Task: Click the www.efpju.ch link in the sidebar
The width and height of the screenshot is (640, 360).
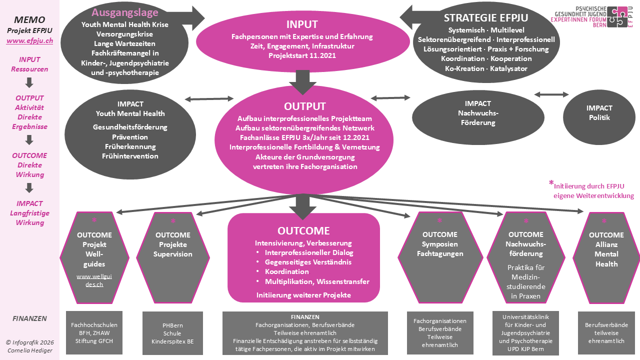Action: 29,41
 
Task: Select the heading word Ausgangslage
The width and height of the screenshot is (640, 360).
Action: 125,12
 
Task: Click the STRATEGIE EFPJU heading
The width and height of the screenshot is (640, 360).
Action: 486,18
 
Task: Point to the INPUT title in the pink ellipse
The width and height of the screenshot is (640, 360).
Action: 302,24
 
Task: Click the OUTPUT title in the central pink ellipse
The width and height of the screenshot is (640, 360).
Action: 304,106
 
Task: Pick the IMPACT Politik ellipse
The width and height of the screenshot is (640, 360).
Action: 599,113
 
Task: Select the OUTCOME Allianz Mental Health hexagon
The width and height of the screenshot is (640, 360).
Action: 606,255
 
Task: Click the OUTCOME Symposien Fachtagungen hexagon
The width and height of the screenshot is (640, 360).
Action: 439,255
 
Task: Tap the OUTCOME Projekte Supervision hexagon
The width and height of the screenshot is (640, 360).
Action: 173,255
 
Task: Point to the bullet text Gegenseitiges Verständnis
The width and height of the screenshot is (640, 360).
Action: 308,262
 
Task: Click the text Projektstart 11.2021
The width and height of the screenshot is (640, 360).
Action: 302,55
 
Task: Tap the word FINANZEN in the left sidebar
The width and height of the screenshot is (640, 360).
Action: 29,318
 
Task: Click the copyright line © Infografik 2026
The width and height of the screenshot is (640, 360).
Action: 29,342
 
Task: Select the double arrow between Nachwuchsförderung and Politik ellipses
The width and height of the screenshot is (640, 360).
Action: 551,94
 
